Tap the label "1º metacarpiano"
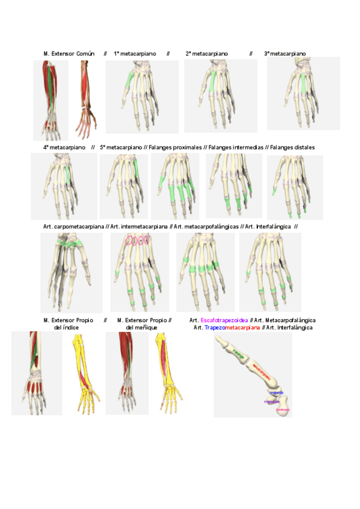[x=135, y=54]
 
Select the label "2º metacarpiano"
[x=206, y=54]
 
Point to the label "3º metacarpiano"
[x=285, y=54]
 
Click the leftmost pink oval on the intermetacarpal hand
[x=129, y=241]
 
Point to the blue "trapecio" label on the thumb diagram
[x=276, y=392]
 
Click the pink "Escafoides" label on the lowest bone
[x=283, y=410]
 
